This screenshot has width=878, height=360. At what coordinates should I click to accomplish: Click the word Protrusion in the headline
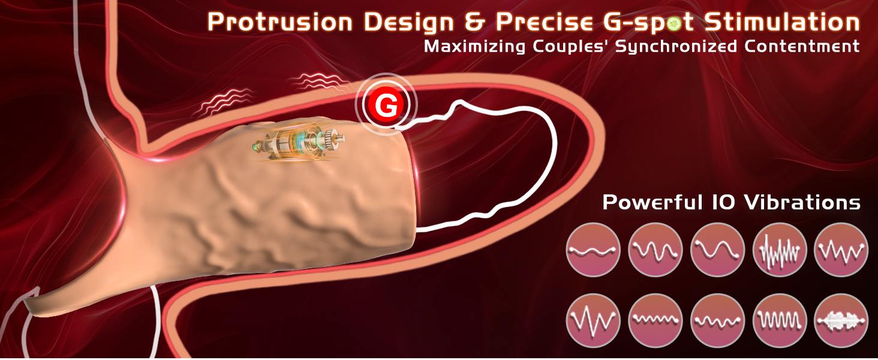click(x=280, y=22)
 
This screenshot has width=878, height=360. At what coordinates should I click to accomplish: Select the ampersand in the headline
click(x=474, y=22)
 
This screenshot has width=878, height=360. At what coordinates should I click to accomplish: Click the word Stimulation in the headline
click(x=782, y=22)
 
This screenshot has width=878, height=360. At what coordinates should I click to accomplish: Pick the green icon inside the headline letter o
click(x=673, y=25)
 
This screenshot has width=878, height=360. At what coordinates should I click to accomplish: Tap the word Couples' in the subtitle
click(x=571, y=47)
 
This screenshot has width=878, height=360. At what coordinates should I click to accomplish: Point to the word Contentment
click(x=802, y=46)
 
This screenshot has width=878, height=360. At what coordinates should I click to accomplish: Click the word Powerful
click(x=653, y=202)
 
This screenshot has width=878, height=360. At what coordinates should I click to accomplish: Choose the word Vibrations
click(x=802, y=202)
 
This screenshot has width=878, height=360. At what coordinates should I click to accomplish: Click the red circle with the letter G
click(x=386, y=105)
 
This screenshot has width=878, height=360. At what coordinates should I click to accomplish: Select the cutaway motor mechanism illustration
click(x=299, y=143)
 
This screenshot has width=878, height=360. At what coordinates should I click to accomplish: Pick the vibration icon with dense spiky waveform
click(x=780, y=250)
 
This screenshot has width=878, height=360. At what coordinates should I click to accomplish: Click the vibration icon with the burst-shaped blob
click(x=841, y=320)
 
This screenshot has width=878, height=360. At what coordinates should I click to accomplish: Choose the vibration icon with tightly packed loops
click(x=780, y=320)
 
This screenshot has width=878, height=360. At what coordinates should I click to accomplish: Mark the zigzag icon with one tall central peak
click(x=593, y=320)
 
